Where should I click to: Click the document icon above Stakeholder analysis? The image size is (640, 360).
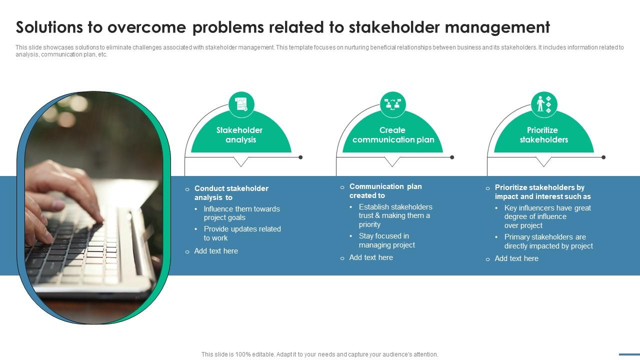tap(241, 104)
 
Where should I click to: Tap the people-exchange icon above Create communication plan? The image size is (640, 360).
tap(392, 104)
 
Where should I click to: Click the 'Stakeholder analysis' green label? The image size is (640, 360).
tap(239, 135)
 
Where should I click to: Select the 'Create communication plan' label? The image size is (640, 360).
tap(393, 135)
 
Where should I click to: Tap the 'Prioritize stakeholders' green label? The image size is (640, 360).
tap(543, 135)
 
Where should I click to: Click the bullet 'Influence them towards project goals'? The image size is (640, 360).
tap(241, 213)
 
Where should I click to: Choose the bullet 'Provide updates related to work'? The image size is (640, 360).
tap(242, 233)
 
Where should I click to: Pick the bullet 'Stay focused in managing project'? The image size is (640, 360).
tap(386, 240)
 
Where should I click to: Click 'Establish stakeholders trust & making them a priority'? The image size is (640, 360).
tap(395, 215)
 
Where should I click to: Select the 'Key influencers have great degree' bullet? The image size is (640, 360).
tap(547, 216)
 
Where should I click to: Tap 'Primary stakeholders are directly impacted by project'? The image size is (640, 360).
tap(548, 241)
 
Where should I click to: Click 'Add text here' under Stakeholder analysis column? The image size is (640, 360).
tap(216, 251)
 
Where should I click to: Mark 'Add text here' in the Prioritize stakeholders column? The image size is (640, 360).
tap(516, 258)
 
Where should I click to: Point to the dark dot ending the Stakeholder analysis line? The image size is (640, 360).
tap(300, 157)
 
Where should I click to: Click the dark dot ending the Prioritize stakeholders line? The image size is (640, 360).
tap(603, 157)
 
